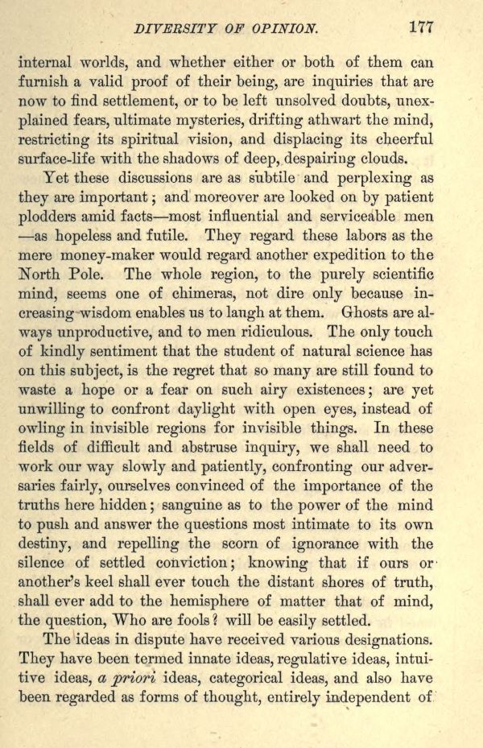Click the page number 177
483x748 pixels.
(422, 27)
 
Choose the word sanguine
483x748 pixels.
(246, 506)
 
